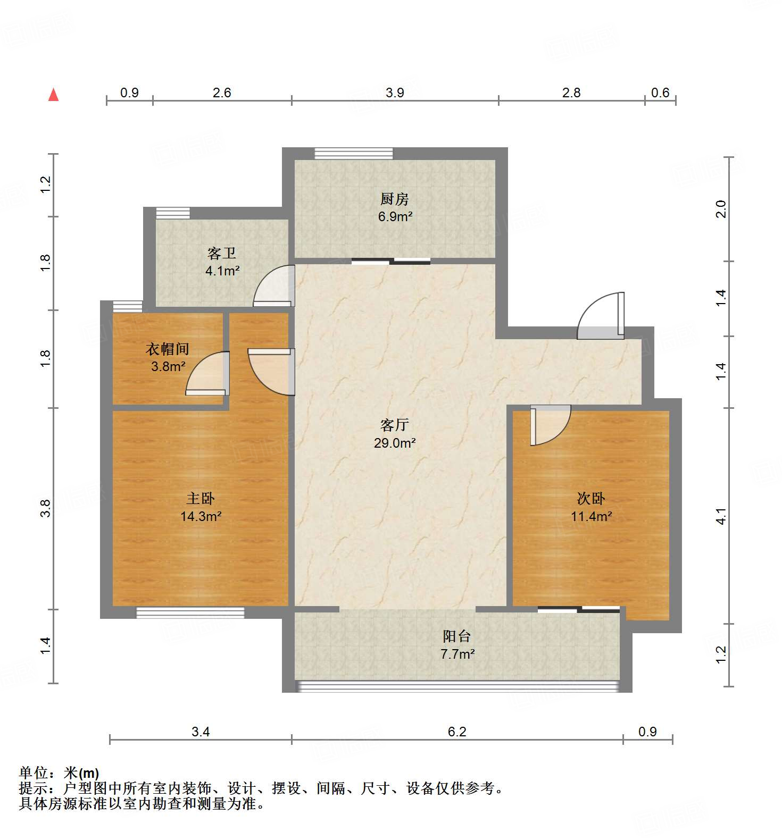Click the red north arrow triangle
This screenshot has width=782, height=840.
pos(53,95)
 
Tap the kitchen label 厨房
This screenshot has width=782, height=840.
pos(395,199)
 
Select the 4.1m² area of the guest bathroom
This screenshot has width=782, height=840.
pos(222,271)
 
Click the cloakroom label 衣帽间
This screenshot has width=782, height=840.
pos(168,349)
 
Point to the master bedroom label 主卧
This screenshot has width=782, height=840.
pos(201,499)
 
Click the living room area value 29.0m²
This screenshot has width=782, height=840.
pos(394,443)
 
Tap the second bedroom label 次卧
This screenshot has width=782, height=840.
pos(591,499)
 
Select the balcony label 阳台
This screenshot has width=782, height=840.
pos(457,636)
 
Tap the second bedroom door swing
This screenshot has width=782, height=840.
pos(551,424)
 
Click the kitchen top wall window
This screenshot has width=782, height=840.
pos(354,154)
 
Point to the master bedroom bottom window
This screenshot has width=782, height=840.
pos(190,613)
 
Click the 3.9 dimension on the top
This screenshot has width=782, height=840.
pos(395,93)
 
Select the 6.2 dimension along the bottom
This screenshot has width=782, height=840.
pos(456,732)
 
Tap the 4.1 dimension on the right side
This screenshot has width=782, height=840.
pos(721,516)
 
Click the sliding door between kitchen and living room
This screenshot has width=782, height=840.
pos(391,261)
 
